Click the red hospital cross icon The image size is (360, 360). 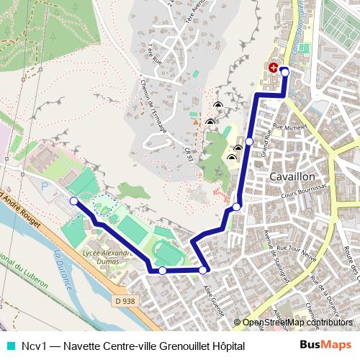[x=274, y=68]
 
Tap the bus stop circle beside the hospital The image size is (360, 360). [x=284, y=71]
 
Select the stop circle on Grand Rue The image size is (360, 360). [x=249, y=142]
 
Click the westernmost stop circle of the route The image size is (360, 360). [x=73, y=201]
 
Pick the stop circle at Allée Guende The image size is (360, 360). [x=204, y=270]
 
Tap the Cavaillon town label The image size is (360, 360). [x=292, y=176]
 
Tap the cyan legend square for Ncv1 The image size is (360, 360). [x=9, y=346]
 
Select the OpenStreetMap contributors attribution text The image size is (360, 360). [x=297, y=323]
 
